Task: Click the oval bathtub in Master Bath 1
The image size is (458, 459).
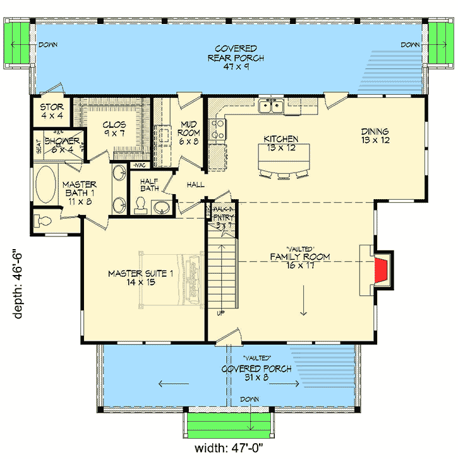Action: [44, 186]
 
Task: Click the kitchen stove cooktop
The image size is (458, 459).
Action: [217, 129]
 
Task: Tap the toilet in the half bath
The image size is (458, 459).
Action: [140, 207]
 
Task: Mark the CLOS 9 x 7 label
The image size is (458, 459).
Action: [114, 129]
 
